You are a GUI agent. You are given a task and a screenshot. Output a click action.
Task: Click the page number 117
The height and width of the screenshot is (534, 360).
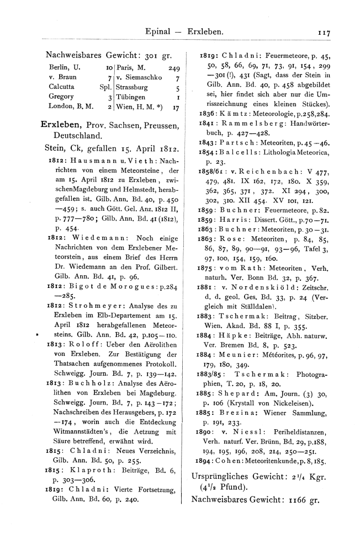(x=322, y=33)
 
